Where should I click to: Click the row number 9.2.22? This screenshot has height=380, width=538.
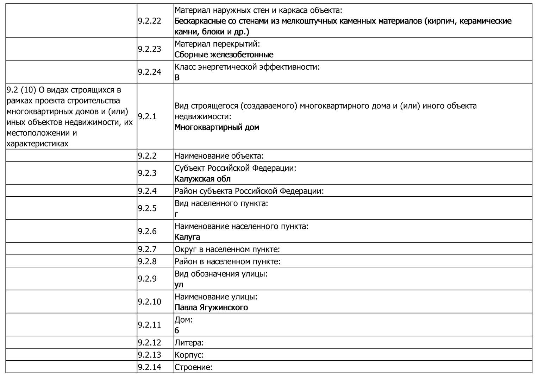coord(149,21)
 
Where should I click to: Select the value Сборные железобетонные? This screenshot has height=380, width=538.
coord(224,55)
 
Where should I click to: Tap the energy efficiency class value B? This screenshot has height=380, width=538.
coord(177,77)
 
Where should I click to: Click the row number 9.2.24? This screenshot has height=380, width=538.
coord(149,72)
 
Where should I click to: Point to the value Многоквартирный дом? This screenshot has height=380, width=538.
coord(217,127)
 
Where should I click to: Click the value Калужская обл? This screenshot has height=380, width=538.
coord(202,179)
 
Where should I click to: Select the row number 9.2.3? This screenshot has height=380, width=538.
coord(147,173)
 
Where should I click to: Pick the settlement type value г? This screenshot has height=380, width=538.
coord(176,214)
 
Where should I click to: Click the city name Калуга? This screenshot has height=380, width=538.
coord(187,237)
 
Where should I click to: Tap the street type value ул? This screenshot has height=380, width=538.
coord(179,284)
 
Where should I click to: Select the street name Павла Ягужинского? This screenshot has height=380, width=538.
coord(211,308)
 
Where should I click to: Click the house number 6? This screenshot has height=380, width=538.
coord(177,330)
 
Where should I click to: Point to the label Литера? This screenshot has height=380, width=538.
coord(189,343)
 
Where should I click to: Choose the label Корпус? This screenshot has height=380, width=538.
coord(189,355)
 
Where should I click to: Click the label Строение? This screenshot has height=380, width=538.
coord(193,367)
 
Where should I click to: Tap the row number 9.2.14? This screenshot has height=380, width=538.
coord(149,367)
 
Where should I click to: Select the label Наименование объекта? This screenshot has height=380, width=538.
coord(219,156)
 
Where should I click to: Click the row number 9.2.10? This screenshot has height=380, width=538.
coord(149,302)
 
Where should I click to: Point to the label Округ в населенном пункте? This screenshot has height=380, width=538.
coord(227,249)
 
